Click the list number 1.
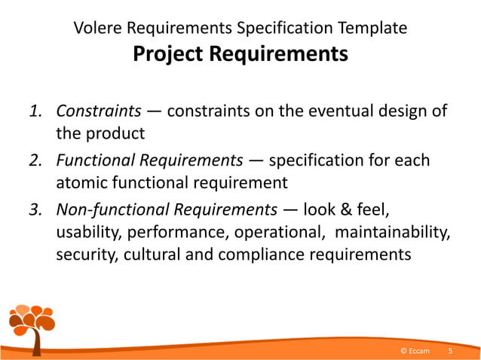(35, 112)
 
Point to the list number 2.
(35, 160)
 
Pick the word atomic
(83, 183)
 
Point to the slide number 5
(451, 351)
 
